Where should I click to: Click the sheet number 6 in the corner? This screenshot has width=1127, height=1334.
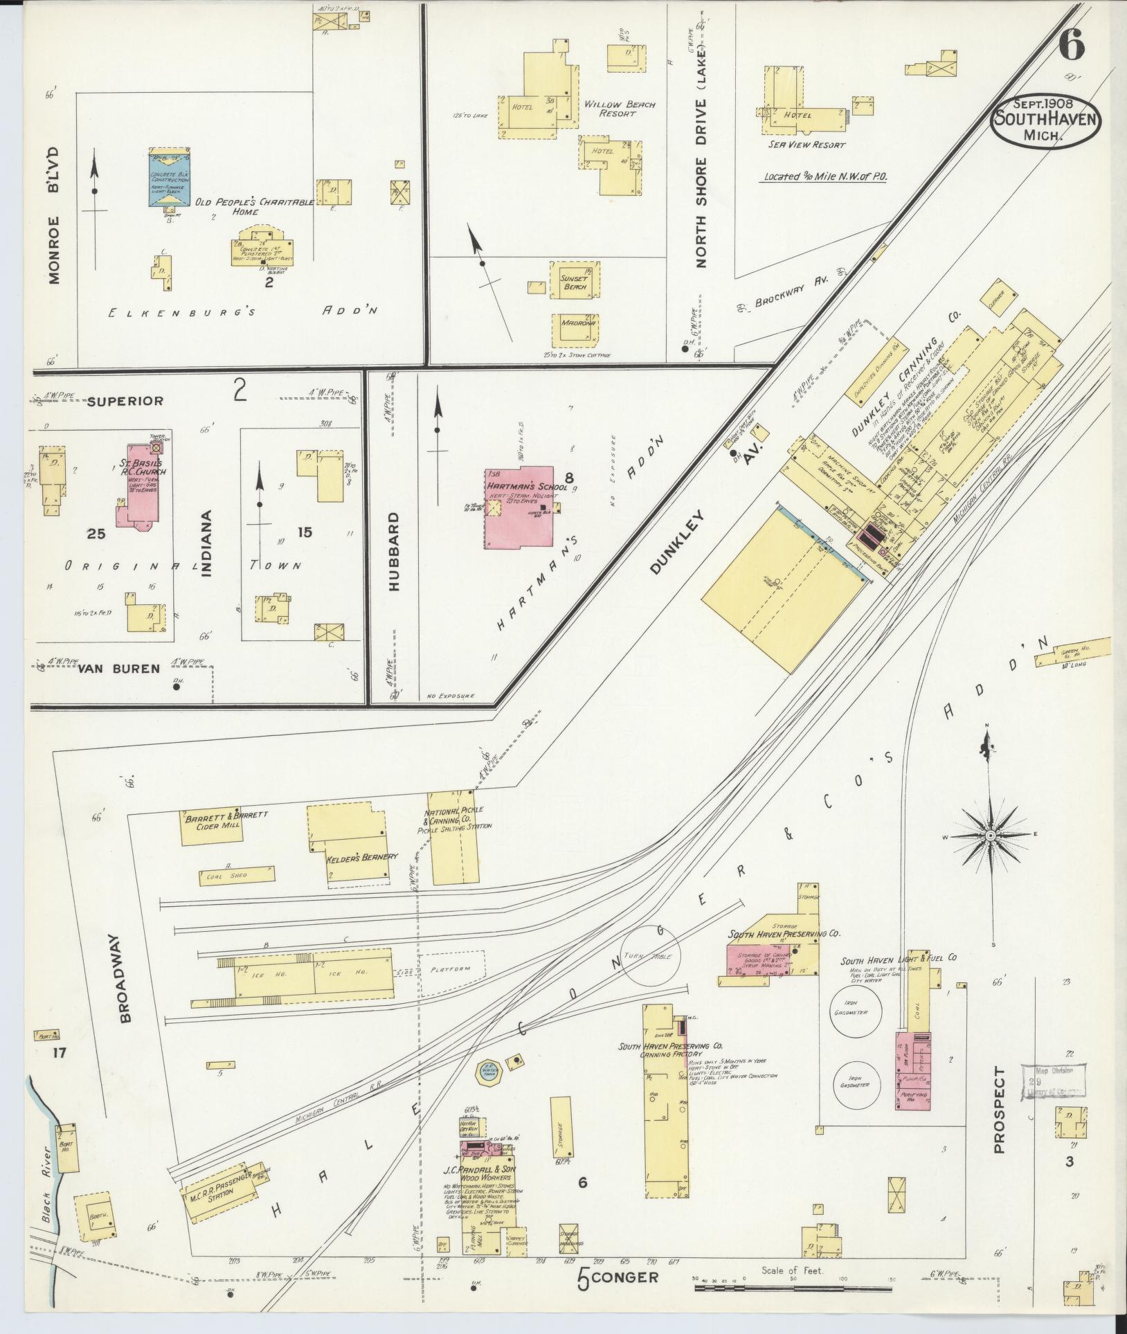click(x=1070, y=47)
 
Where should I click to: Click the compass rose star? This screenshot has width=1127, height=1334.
click(x=991, y=836)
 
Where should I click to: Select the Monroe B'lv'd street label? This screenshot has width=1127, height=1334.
click(x=54, y=215)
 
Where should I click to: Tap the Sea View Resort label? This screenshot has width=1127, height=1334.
click(x=806, y=145)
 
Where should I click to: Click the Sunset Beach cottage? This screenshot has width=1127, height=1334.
click(x=575, y=280)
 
